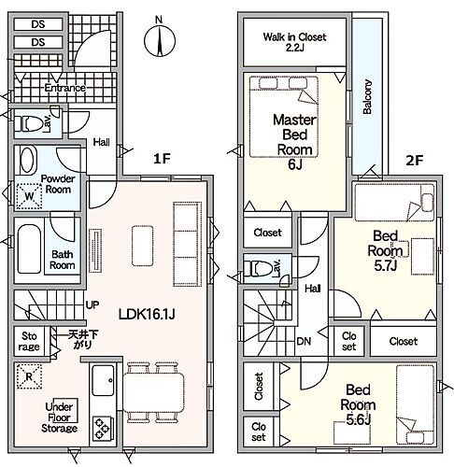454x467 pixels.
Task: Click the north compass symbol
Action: (160, 41)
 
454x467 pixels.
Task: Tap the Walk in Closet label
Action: (294, 42)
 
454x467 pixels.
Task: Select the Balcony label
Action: (367, 96)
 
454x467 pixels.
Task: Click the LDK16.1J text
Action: (147, 314)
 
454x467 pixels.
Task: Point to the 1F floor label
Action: (162, 159)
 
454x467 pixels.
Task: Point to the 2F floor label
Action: (414, 161)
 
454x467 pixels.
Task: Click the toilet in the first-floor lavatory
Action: (28, 124)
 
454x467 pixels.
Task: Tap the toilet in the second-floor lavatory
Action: (258, 269)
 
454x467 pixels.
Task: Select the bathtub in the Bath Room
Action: (29, 249)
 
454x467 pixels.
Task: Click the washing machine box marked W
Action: (29, 196)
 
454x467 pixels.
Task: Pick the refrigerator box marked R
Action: (29, 376)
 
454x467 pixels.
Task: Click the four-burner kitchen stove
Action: (103, 428)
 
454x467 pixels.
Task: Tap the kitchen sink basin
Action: (103, 380)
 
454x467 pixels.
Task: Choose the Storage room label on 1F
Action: (29, 341)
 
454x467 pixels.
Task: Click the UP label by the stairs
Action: (92, 304)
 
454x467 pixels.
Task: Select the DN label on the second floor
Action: (304, 342)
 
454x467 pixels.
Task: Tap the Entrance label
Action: (64, 88)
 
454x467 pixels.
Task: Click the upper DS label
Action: (38, 24)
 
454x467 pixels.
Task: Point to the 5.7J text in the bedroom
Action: (386, 265)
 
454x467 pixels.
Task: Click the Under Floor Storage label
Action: (59, 417)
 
